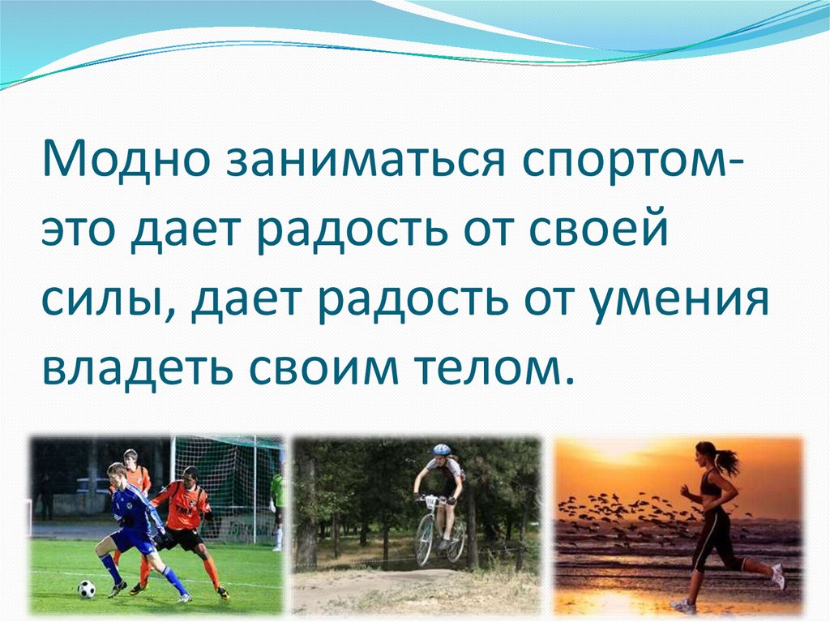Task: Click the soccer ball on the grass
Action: pos(86,588)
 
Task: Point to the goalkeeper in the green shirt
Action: pos(277,503)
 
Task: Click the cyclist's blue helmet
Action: pos(441,449)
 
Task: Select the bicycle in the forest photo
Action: pos(438,531)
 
